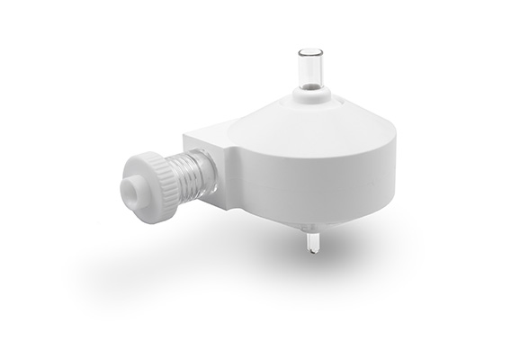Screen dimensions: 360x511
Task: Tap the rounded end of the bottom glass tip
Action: tap(311, 251)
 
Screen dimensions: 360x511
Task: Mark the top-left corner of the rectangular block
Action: tap(186, 137)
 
